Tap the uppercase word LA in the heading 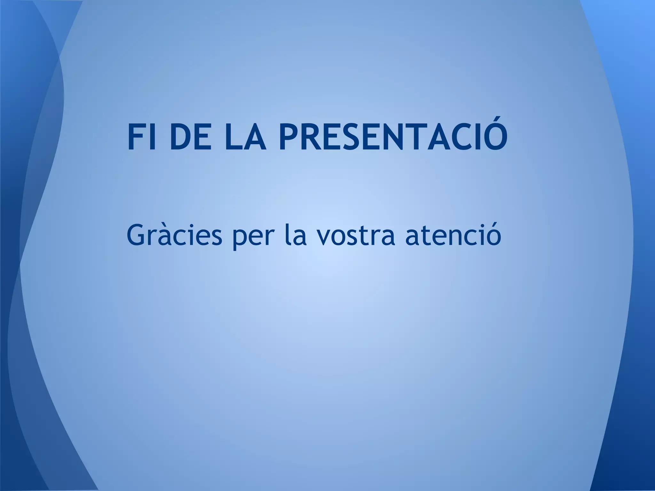click(x=246, y=135)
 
